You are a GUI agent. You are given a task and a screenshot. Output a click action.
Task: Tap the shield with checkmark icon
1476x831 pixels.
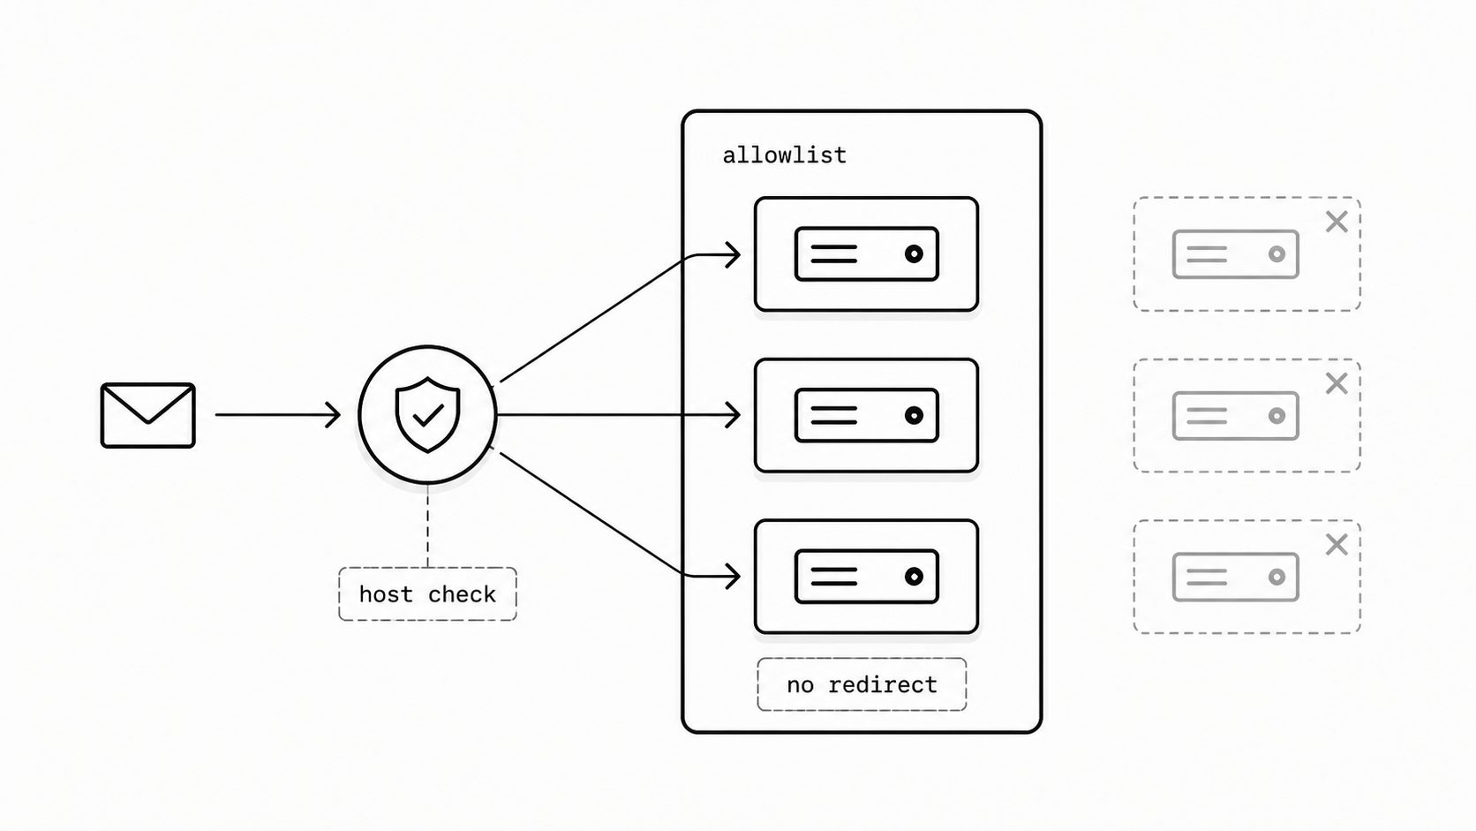427,414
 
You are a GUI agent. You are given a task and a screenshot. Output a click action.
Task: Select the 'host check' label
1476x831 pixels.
427,594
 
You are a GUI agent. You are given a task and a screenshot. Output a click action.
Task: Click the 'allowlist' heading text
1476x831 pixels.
784,155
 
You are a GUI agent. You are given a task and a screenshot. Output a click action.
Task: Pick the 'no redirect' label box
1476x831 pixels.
862,684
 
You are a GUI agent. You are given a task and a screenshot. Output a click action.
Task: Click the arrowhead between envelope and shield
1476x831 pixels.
334,414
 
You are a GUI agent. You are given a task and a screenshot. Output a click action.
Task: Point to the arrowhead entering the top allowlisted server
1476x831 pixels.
733,255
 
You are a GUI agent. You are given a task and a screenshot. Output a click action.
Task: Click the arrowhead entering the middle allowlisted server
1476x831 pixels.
733,415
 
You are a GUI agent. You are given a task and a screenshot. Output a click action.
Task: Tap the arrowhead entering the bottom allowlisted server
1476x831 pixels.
733,577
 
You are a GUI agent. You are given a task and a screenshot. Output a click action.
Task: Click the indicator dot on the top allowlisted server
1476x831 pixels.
914,253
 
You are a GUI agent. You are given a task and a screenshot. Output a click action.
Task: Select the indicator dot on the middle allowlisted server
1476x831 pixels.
914,415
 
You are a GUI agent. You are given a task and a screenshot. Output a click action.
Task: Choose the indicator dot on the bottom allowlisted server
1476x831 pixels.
914,577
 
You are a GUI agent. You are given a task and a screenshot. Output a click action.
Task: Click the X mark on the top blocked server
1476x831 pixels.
1337,222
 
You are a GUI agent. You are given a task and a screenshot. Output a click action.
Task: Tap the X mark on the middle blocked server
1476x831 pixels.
1337,383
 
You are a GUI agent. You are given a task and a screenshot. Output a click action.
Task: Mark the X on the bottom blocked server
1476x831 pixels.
1337,545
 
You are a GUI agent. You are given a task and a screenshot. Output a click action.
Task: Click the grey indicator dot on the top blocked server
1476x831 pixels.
1277,253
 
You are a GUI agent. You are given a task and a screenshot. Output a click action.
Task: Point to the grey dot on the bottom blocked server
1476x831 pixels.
1277,578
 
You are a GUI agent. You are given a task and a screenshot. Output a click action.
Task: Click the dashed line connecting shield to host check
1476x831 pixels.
427,525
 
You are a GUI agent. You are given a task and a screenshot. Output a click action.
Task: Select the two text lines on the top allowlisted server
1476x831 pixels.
833,253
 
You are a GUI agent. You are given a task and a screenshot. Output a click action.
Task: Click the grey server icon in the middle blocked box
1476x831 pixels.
1236,416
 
